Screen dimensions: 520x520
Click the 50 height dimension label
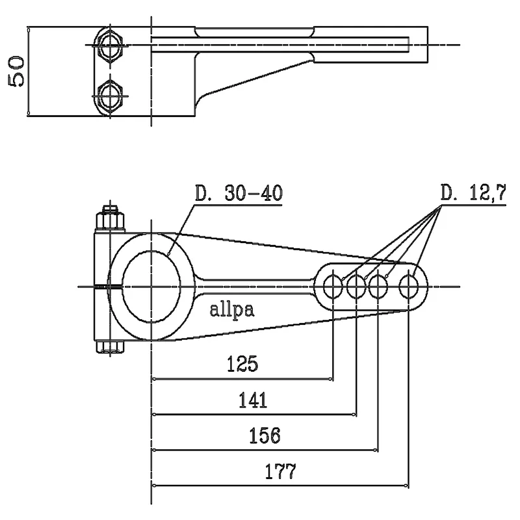pyautogui.click(x=17, y=71)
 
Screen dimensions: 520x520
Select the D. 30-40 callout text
pyautogui.click(x=239, y=194)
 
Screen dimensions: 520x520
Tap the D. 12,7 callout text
pyautogui.click(x=473, y=194)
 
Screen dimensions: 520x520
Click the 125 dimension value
pyautogui.click(x=242, y=365)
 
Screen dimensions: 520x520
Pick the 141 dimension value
pyautogui.click(x=252, y=400)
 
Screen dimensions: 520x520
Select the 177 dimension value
pyautogui.click(x=280, y=471)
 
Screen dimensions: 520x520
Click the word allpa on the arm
pyautogui.click(x=232, y=310)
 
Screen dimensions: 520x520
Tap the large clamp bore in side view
pyautogui.click(x=151, y=287)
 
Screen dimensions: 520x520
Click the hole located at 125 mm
pyautogui.click(x=333, y=286)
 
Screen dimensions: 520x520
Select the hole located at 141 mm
pyautogui.click(x=356, y=286)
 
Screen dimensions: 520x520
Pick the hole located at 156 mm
pyautogui.click(x=378, y=286)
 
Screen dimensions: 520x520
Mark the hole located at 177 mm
pyautogui.click(x=409, y=286)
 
